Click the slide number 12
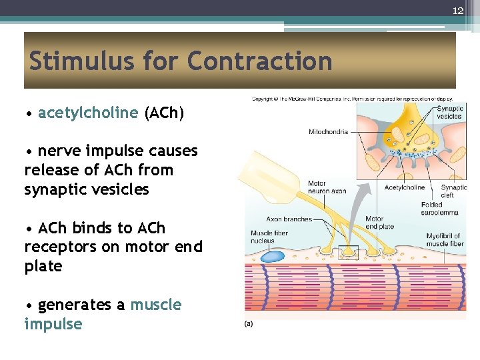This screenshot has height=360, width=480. pyautogui.click(x=458, y=11)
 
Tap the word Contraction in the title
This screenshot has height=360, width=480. pyautogui.click(x=259, y=61)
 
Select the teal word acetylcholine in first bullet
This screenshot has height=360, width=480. pyautogui.click(x=88, y=113)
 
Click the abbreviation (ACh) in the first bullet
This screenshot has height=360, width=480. pyautogui.click(x=164, y=113)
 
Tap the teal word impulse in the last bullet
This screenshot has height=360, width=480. pyautogui.click(x=53, y=325)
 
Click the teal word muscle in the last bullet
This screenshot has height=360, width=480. pyautogui.click(x=156, y=305)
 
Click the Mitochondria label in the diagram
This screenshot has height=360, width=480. pyautogui.click(x=328, y=132)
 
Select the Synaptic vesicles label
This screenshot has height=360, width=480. pyautogui.click(x=450, y=113)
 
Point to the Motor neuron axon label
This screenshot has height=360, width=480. pyautogui.click(x=327, y=187)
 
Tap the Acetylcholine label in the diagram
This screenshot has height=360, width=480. pyautogui.click(x=404, y=187)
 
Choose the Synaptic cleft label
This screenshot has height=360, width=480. pyautogui.click(x=453, y=191)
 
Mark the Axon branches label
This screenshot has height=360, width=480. pyautogui.click(x=289, y=219)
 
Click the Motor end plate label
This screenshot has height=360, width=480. pyautogui.click(x=380, y=223)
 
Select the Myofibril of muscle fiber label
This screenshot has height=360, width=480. pyautogui.click(x=445, y=239)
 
